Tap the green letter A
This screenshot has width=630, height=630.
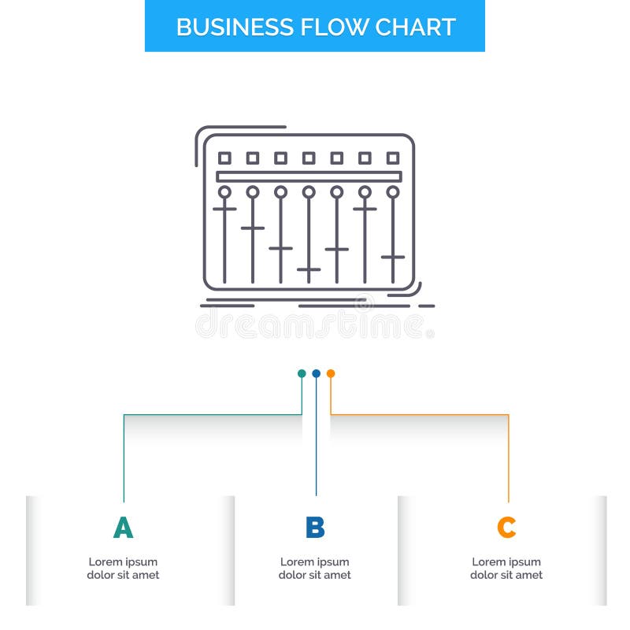[x=123, y=528]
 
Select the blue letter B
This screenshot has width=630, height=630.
[x=315, y=528]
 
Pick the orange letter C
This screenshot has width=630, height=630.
[x=506, y=528]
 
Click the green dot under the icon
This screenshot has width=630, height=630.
[x=302, y=373]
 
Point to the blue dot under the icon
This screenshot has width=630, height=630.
[x=316, y=373]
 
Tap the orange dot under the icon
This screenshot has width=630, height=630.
[x=331, y=373]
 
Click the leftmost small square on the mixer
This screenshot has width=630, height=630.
[x=224, y=158]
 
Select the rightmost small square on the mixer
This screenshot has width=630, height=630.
[x=393, y=158]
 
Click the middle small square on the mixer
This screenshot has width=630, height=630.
[x=309, y=158]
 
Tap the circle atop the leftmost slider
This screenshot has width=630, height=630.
[x=224, y=191]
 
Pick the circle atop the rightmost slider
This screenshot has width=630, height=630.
[x=393, y=191]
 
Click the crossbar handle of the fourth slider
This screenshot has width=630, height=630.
[x=309, y=269]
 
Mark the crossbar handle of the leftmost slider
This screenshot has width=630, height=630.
[x=224, y=209]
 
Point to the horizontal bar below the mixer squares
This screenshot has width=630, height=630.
[x=309, y=176]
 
